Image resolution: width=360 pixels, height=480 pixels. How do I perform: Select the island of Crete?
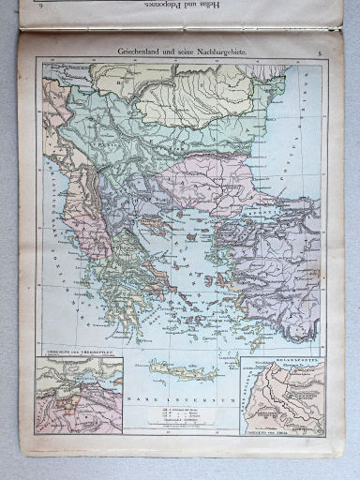point(182,369)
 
